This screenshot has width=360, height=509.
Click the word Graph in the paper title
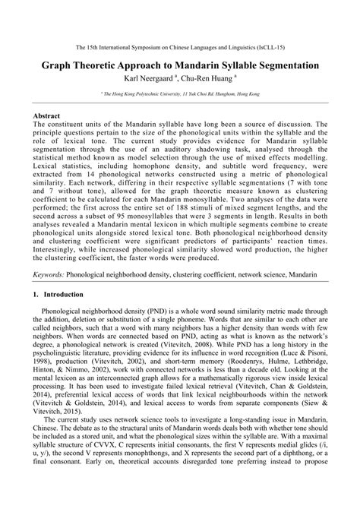[x=62, y=66]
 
